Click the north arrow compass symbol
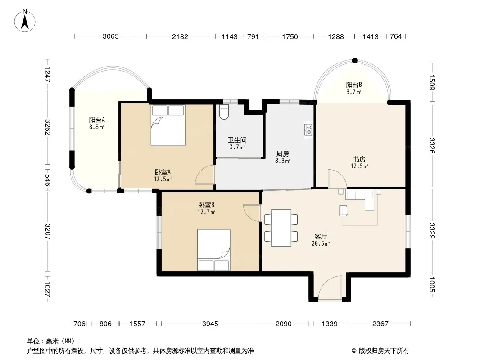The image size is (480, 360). click(x=25, y=20)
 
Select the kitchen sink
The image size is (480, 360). click(x=308, y=130)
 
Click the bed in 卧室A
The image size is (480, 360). click(x=168, y=126)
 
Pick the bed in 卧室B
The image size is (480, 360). click(x=214, y=250)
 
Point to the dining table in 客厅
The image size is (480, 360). click(x=281, y=228)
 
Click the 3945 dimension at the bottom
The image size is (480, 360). click(x=210, y=324)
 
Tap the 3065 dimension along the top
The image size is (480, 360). click(x=110, y=36)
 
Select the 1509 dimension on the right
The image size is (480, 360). click(x=432, y=82)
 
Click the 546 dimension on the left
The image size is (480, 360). click(x=48, y=180)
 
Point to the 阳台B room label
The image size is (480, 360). click(x=354, y=85)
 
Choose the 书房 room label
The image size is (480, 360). click(x=359, y=159)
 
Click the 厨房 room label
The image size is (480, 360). click(x=282, y=153)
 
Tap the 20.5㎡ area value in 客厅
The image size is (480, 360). click(x=321, y=244)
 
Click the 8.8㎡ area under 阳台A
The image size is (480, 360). click(x=97, y=126)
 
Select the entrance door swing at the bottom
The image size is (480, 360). click(x=330, y=288)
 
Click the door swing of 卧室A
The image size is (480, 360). click(x=205, y=175)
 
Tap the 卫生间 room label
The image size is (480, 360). click(x=237, y=140)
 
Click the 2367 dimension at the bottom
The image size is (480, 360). click(x=380, y=324)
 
